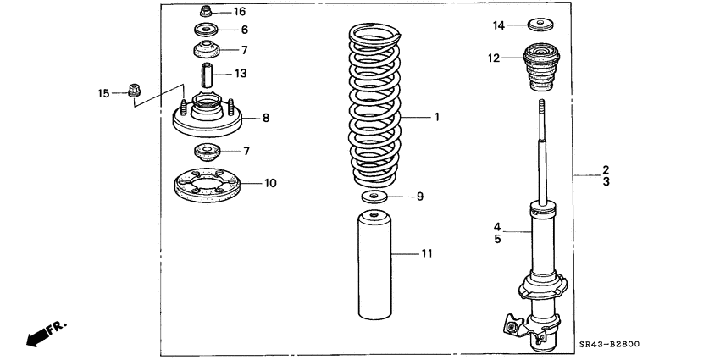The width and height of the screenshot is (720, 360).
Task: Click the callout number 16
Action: pyautogui.click(x=239, y=12)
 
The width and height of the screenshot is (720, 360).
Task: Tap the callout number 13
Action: pyautogui.click(x=241, y=74)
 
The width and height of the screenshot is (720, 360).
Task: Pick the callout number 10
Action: pyautogui.click(x=269, y=182)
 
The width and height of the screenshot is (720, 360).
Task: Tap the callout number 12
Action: pyautogui.click(x=495, y=58)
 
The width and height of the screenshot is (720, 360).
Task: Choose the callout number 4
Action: pyautogui.click(x=498, y=226)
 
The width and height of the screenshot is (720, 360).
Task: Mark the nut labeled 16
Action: pyautogui.click(x=207, y=12)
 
